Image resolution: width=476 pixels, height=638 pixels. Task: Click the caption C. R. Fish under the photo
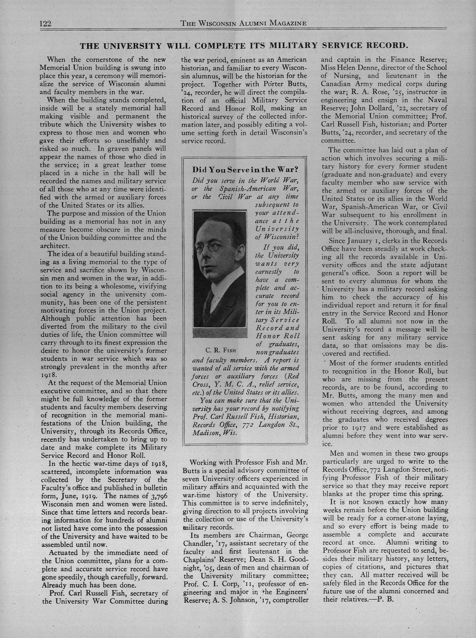pos(221,351)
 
